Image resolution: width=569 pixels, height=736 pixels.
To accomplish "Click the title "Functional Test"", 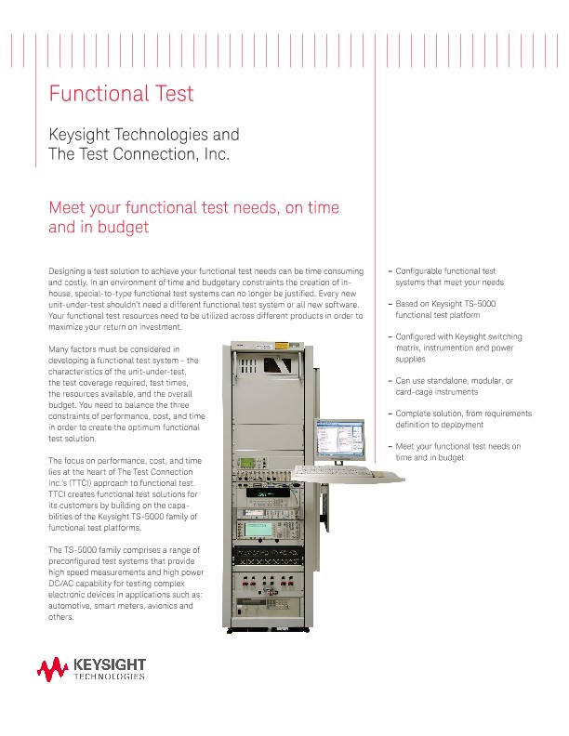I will (x=121, y=94).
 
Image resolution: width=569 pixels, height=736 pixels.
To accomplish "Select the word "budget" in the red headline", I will (x=121, y=227).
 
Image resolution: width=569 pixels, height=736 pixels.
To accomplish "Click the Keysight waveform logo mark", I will (x=52, y=668).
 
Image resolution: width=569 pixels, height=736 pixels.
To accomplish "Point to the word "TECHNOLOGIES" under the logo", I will (x=109, y=677).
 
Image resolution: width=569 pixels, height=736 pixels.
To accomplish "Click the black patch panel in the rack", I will (x=271, y=559).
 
